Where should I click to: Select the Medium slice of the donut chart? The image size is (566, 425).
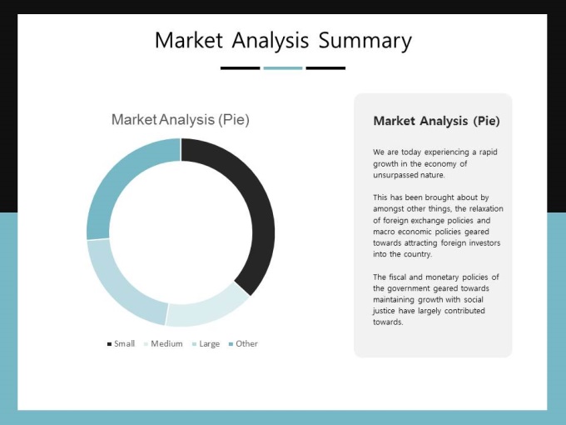[207, 312]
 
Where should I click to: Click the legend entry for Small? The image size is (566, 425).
[121, 343]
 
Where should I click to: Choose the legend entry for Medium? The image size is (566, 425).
[163, 343]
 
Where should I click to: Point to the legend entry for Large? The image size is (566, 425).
[206, 343]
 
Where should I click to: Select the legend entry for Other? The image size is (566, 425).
[243, 343]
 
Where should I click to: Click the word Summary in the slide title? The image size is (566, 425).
[365, 41]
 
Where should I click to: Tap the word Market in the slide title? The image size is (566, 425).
[189, 40]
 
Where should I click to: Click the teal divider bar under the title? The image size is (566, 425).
[283, 68]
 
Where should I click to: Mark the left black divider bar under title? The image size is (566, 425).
[240, 68]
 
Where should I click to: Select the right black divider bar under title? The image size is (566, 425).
[325, 68]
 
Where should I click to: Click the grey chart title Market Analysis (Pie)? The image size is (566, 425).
[181, 120]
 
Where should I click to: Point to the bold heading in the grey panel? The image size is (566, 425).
[436, 121]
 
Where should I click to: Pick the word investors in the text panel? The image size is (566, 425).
[484, 242]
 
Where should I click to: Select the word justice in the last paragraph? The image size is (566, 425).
[384, 311]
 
